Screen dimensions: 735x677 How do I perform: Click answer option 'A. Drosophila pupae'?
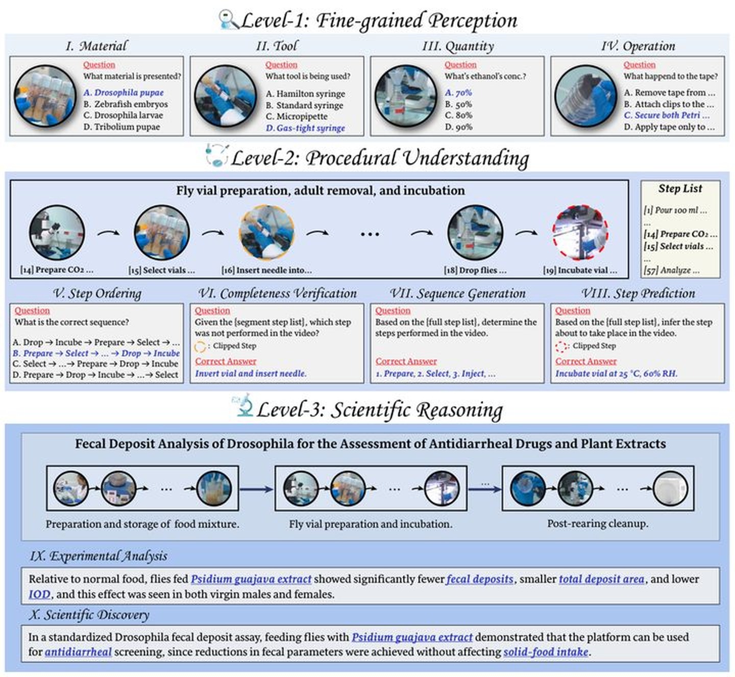pos(124,93)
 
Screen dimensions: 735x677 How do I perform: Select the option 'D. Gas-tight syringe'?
pos(305,128)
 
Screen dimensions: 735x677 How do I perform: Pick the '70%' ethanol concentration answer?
pos(458,93)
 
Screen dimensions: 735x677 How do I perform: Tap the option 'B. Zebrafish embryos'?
pos(126,104)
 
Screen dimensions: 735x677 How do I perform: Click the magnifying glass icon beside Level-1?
pos(228,19)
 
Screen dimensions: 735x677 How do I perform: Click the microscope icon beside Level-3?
pos(243,405)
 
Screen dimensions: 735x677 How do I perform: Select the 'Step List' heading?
pos(680,188)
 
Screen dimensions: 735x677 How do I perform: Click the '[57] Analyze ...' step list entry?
pos(672,270)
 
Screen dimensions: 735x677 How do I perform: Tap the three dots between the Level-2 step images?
pos(370,234)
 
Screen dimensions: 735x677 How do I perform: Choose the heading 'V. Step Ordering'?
pos(97,293)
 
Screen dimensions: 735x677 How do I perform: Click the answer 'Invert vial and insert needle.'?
pos(251,374)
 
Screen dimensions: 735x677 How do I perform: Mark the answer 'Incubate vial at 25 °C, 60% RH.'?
pos(616,374)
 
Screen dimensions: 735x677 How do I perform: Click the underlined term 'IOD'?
pos(39,594)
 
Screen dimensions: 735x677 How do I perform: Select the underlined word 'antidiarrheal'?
pos(78,652)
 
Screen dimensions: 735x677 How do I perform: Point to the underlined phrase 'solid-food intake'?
pos(546,652)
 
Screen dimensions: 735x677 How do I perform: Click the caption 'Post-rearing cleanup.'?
pos(598,523)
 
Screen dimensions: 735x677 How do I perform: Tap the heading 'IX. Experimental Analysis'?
pos(99,555)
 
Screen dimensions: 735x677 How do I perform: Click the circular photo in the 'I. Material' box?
pos(45,96)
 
